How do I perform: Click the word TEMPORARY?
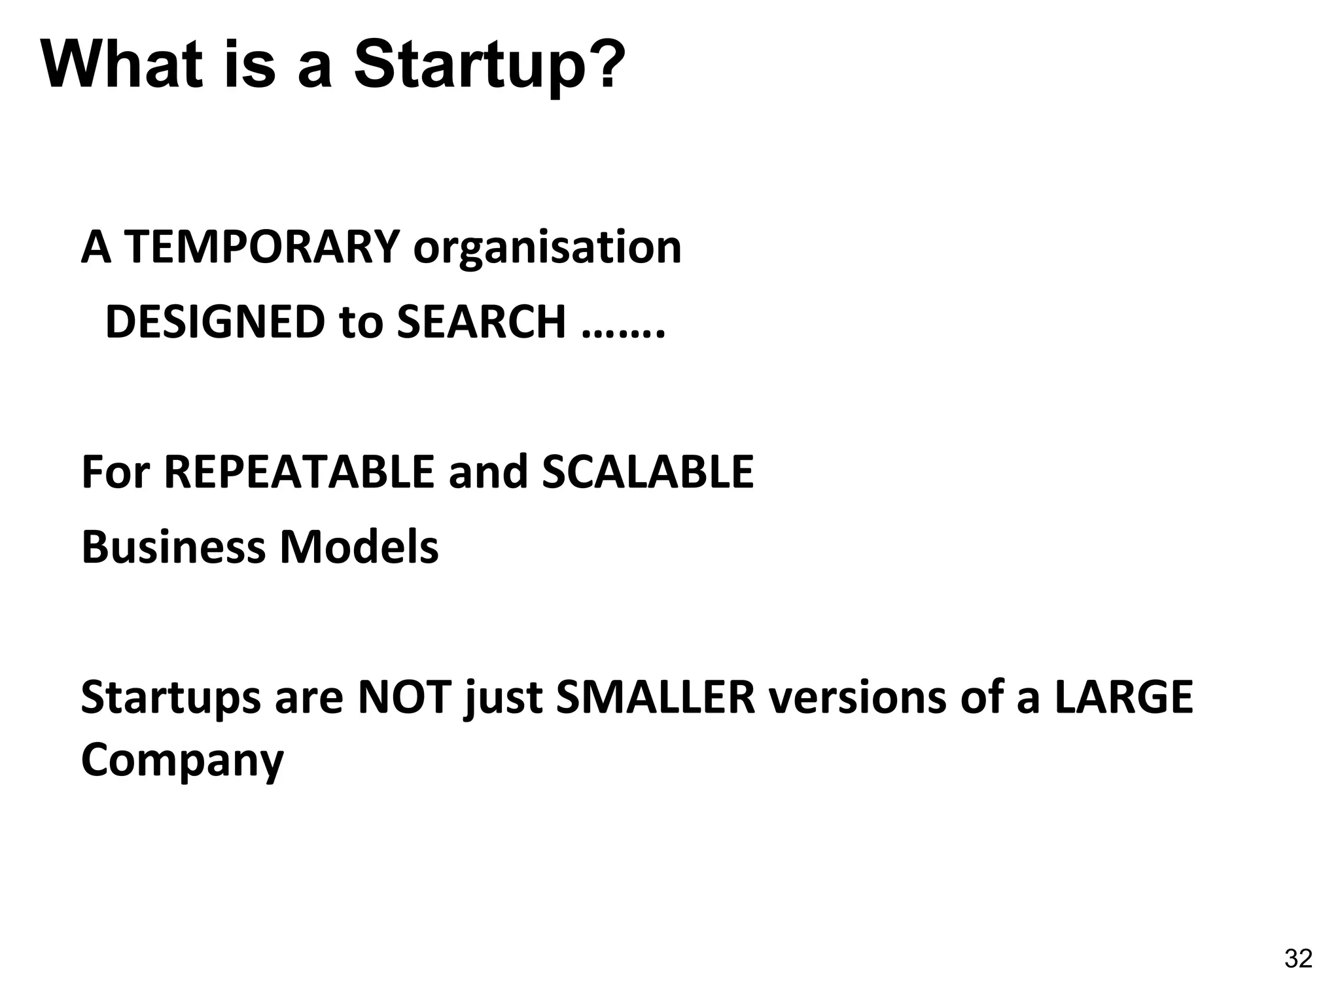261,248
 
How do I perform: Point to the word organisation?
547,248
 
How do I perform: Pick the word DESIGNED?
215,323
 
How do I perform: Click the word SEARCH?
481,323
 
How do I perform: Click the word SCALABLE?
648,472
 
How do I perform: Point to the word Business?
174,547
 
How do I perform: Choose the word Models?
359,547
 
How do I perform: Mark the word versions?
857,698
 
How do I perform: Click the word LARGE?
1124,697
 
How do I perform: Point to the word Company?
182,760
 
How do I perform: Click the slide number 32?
1298,959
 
